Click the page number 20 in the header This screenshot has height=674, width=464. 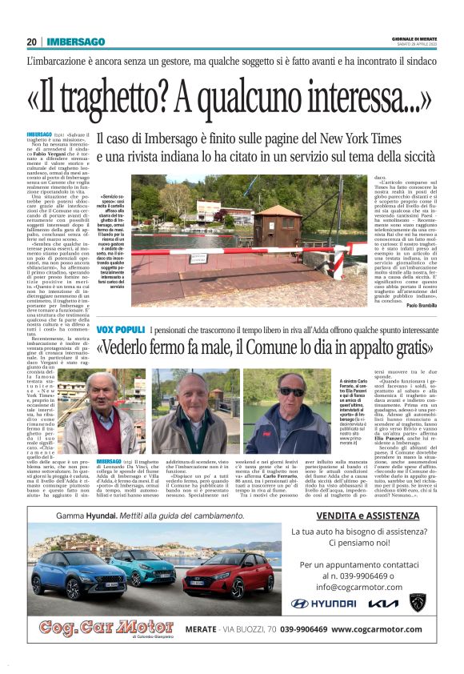tap(31, 42)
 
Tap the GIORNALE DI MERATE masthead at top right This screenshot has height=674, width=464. tap(414, 39)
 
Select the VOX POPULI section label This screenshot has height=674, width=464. tap(120, 330)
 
